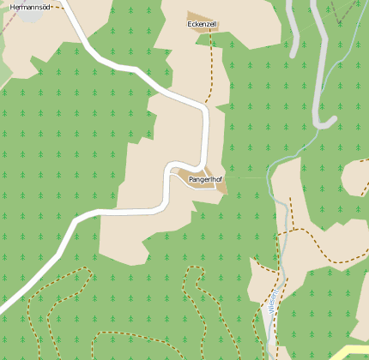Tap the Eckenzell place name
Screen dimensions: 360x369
(x=203, y=24)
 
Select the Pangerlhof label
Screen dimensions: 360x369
(x=200, y=181)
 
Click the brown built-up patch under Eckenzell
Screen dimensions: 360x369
(x=203, y=19)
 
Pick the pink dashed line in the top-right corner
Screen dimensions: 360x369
(x=348, y=13)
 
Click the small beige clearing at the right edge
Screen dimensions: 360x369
(x=356, y=176)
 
